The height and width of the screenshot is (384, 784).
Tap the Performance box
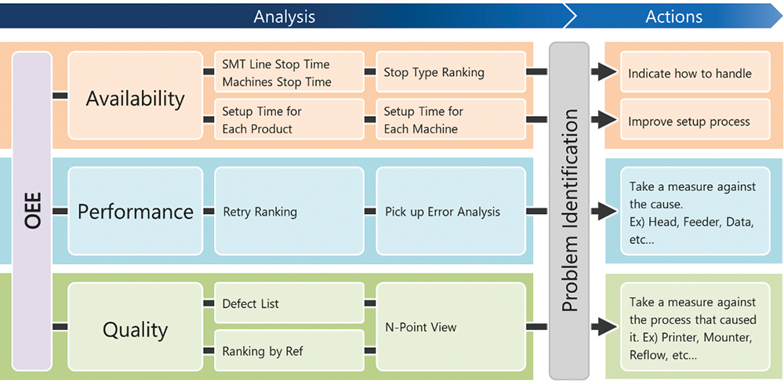pos(135,211)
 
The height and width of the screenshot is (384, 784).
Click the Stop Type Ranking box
pos(451,72)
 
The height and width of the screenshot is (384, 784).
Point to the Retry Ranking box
pos(289,211)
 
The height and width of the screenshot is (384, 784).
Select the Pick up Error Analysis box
pos(451,211)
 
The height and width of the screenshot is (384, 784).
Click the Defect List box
pos(289,303)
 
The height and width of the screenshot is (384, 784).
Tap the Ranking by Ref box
pos(289,350)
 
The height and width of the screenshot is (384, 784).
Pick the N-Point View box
pos(451,327)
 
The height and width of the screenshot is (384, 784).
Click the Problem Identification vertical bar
pos(569,211)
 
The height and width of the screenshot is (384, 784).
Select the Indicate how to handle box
pos(695,72)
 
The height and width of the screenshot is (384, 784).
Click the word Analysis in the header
pos(285,16)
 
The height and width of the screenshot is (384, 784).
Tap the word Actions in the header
pos(674,16)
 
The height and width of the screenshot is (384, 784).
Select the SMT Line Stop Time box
pos(289,72)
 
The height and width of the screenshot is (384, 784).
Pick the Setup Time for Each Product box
pos(289,119)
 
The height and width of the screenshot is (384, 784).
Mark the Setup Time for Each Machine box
pos(451,119)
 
